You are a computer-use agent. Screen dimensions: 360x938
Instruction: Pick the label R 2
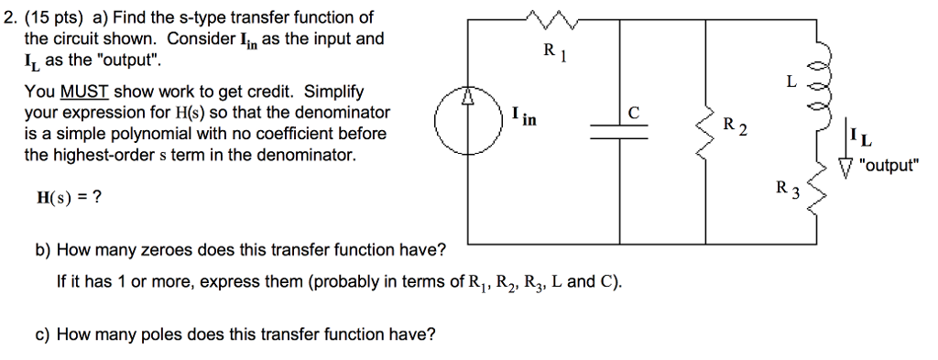[735, 125]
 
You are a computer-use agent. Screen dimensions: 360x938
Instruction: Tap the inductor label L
[791, 82]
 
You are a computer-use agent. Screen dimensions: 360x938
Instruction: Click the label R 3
[787, 191]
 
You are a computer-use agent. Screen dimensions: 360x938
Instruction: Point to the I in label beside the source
[524, 116]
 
